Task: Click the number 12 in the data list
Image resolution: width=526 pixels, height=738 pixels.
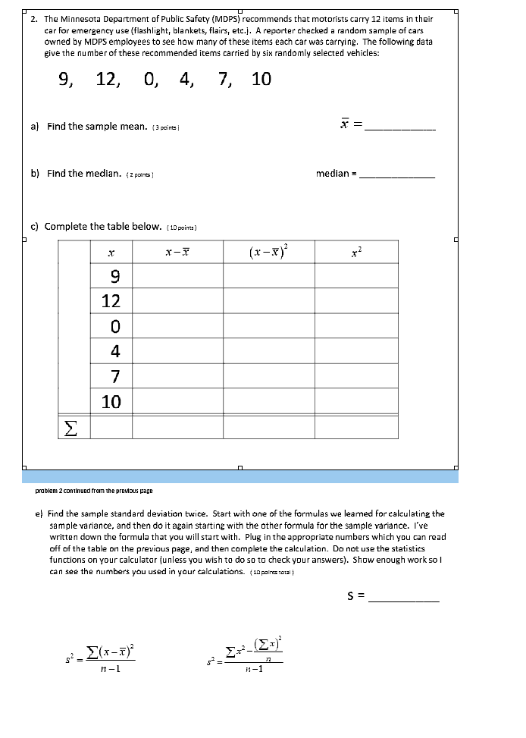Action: pos(107,80)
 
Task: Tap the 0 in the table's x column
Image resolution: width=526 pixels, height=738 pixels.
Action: pos(111,326)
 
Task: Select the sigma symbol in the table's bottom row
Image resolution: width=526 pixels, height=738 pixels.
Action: pos(70,428)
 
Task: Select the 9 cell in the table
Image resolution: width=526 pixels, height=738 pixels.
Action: pos(111,275)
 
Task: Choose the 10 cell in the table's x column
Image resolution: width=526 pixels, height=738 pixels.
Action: pos(111,401)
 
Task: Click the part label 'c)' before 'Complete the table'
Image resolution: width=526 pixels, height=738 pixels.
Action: pos(35,226)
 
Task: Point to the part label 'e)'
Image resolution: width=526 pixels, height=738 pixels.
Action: pos(39,513)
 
